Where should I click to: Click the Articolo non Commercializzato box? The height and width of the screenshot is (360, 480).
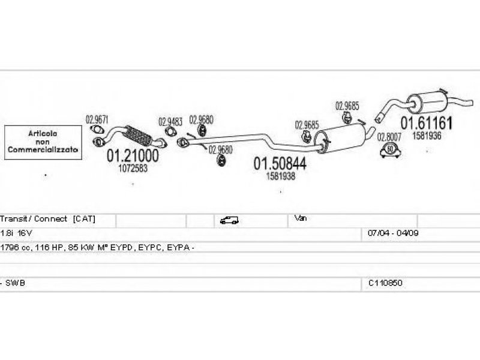tap(43, 142)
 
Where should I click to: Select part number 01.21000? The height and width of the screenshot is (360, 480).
tap(133, 156)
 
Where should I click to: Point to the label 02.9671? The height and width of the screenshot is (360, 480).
tap(97, 119)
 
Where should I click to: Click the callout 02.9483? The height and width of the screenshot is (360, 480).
tap(170, 122)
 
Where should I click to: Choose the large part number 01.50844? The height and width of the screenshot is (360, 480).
tap(279, 163)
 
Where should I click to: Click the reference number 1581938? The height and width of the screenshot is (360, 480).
tap(280, 176)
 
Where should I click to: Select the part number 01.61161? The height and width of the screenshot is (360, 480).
tap(427, 124)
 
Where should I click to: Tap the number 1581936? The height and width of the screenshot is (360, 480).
tap(427, 136)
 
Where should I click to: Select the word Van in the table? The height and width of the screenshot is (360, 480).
tap(301, 218)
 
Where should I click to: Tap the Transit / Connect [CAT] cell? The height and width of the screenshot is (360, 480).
tap(48, 220)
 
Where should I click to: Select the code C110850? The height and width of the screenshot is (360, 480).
tap(385, 282)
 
